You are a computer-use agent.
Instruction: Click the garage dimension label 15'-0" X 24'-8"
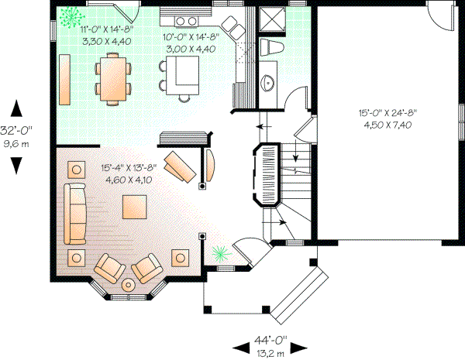tap(387, 112)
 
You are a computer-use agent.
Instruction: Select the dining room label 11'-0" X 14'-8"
tap(107, 29)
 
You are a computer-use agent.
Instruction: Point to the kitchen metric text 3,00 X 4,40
tap(191, 49)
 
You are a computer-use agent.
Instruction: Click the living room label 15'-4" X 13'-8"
tap(129, 166)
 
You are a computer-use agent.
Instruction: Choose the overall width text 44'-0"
tap(270, 338)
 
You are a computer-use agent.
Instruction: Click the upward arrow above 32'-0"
tap(16, 109)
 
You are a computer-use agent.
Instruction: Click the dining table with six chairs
tap(115, 77)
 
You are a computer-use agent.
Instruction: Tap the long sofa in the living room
tap(76, 213)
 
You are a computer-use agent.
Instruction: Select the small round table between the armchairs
tap(127, 284)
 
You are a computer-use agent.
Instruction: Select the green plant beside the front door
tap(219, 253)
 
